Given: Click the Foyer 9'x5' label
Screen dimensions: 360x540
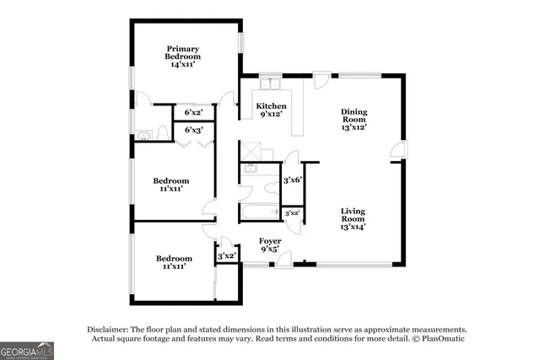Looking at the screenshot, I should pyautogui.click(x=270, y=245).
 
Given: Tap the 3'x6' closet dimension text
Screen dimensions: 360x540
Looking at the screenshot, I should pyautogui.click(x=292, y=180).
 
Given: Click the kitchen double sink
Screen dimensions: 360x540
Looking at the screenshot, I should pyautogui.click(x=270, y=84).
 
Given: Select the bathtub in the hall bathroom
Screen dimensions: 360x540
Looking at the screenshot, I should pyautogui.click(x=259, y=211).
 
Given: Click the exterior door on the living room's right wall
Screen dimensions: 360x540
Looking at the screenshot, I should pyautogui.click(x=399, y=152).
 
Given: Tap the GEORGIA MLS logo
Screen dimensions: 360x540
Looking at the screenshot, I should pyautogui.click(x=27, y=349).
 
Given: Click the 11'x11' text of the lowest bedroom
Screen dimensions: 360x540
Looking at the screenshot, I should pyautogui.click(x=172, y=266).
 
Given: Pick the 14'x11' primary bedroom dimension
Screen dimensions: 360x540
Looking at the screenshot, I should pyautogui.click(x=183, y=64).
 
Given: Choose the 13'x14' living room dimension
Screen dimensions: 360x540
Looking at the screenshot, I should pyautogui.click(x=354, y=226).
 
